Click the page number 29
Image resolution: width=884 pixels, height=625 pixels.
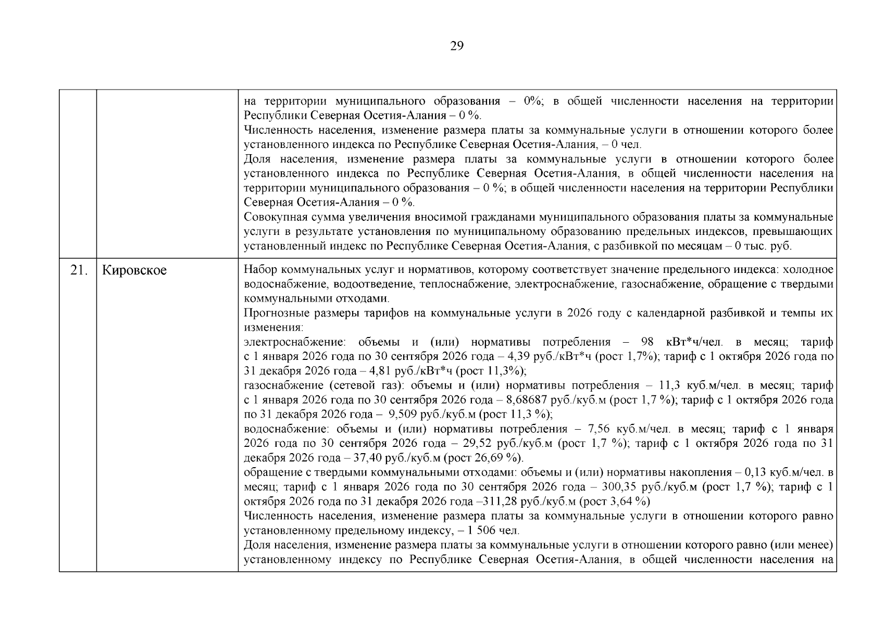[x=456, y=46]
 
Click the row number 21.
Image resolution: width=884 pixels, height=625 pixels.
[x=78, y=271]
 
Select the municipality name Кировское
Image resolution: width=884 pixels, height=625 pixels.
[x=134, y=271]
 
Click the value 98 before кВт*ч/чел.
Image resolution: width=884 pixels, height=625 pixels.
[x=648, y=342]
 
